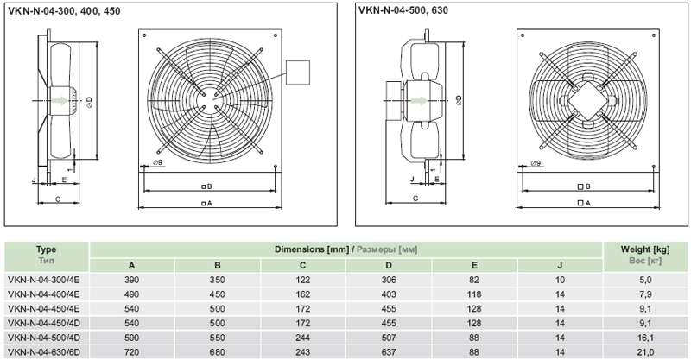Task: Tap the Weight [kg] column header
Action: (x=646, y=249)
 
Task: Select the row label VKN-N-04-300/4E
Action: (x=45, y=280)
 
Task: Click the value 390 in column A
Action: (x=131, y=280)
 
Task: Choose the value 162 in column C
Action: (x=302, y=294)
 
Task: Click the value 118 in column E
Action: (x=474, y=294)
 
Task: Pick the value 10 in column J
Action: (x=560, y=280)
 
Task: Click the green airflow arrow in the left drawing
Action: (x=60, y=100)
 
